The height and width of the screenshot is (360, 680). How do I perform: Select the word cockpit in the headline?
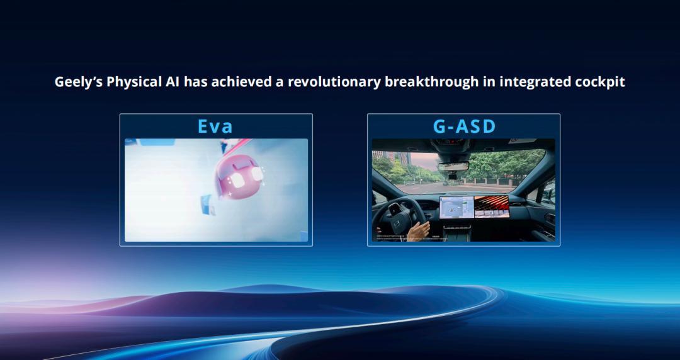(599, 82)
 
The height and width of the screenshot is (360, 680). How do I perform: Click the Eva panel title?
(215, 126)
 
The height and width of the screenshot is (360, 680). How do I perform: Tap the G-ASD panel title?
(464, 126)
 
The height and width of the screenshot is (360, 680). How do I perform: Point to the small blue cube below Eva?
(206, 203)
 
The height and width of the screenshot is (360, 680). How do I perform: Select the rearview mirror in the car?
(453, 166)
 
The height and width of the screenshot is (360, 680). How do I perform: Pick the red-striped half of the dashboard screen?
(491, 205)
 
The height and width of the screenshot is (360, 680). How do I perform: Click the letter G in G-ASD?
(441, 126)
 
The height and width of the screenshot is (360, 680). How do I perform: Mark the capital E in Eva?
(203, 126)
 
